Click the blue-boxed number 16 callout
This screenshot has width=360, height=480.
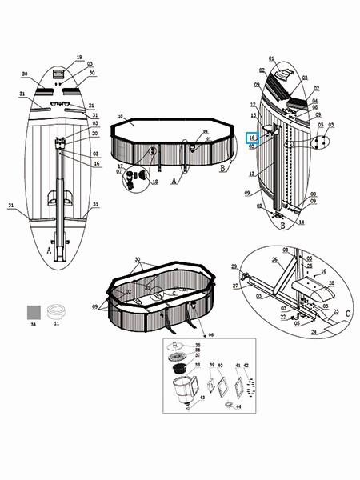click(x=251, y=138)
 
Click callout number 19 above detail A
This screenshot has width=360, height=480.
click(x=79, y=58)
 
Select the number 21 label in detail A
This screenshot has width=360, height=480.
click(x=91, y=106)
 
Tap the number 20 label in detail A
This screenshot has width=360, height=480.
click(x=94, y=134)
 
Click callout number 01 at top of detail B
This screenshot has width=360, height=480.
click(x=271, y=58)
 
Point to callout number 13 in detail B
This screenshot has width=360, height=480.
click(x=251, y=174)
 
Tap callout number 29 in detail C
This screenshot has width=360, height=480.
click(x=234, y=266)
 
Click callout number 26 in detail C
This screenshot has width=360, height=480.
click(x=274, y=259)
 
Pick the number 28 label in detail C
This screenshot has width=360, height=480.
click(x=331, y=283)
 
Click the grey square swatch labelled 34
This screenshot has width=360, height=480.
click(x=34, y=310)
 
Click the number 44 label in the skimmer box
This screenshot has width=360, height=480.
click(x=238, y=407)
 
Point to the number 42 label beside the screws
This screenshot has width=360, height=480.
click(x=247, y=365)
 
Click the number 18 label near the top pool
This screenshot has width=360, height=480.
click(x=155, y=182)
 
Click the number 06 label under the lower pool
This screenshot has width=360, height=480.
click(x=211, y=335)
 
